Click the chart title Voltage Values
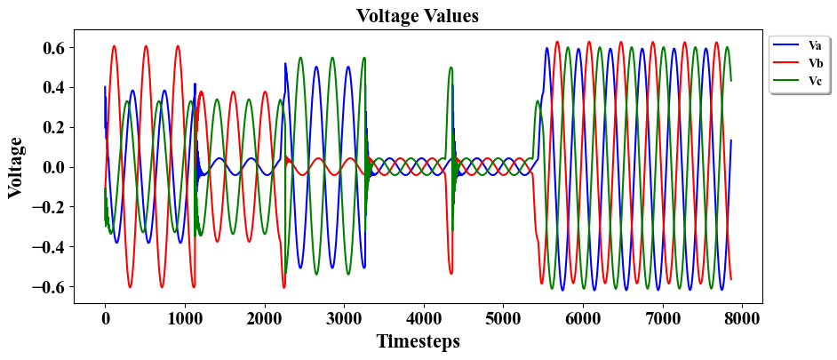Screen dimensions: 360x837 point(418,16)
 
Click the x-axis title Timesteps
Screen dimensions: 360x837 point(418,341)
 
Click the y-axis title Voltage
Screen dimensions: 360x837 point(16,167)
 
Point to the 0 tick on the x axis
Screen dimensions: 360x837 point(105,319)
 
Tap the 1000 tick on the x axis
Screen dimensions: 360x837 point(184,319)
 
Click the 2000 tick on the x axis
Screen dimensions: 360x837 point(264,319)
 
